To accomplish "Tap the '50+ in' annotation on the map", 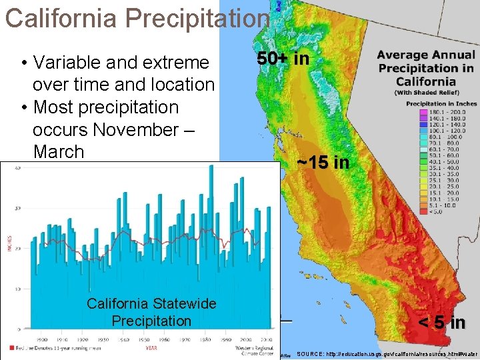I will (283, 59).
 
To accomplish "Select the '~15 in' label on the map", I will (323, 162).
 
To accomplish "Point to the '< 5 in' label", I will (441, 323).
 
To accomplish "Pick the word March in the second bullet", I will (59, 151).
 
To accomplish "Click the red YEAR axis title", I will (151, 348).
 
